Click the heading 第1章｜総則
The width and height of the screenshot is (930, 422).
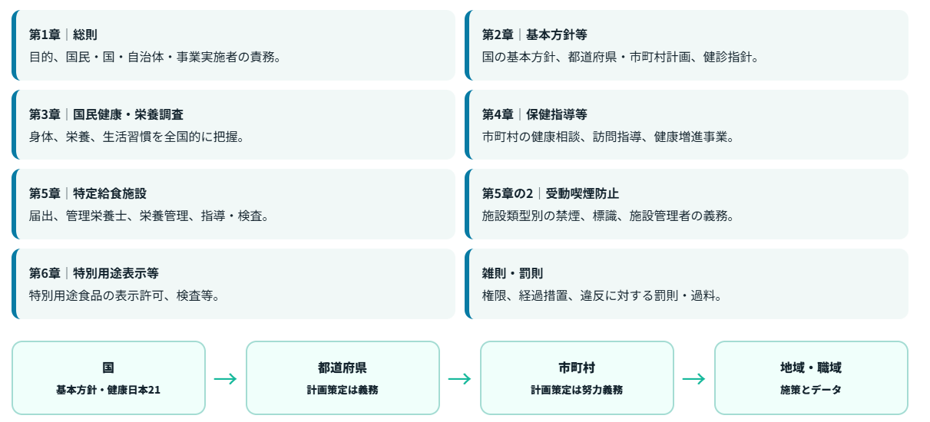point(63,35)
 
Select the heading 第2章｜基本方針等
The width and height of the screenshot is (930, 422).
point(535,35)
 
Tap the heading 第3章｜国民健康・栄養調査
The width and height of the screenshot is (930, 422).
point(106,114)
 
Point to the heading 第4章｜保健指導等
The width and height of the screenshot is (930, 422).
point(535,114)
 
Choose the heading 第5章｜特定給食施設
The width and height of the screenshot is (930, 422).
point(88,193)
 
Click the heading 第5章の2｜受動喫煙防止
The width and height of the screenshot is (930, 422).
point(550,193)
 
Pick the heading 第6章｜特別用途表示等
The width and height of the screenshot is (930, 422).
point(94,273)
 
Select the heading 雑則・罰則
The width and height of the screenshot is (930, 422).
point(512,273)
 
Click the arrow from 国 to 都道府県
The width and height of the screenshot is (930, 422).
point(226,379)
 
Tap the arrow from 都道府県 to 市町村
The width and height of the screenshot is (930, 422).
point(459,379)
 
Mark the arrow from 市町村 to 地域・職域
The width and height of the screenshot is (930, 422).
point(693,379)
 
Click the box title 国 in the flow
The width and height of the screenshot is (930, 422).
point(108,368)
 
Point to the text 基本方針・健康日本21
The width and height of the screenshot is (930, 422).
point(108,390)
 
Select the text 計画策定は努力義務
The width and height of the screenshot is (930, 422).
point(577,390)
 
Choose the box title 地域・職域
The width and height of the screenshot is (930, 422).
point(811,368)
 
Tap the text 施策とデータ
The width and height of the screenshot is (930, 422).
point(811,390)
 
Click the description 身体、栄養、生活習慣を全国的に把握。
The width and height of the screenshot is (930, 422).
point(137,137)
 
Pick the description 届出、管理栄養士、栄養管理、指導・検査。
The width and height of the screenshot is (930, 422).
point(150,216)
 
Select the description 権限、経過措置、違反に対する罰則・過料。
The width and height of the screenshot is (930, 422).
point(602,295)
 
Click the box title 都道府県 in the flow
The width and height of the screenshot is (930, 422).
point(343,368)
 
